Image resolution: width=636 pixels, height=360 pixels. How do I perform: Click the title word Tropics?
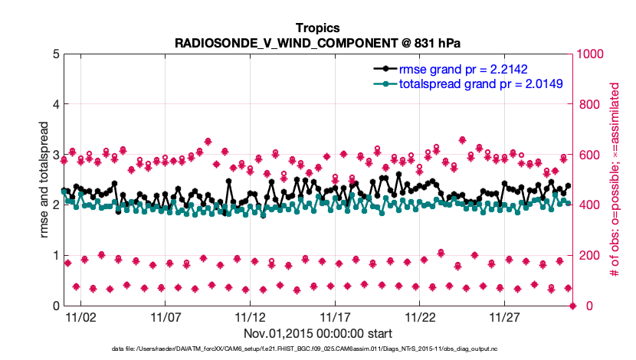pos(317,26)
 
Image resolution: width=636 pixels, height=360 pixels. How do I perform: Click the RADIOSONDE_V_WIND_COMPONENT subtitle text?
pos(317,41)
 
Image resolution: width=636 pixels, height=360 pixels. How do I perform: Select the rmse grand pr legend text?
pos(465,68)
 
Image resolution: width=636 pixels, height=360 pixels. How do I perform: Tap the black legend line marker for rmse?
pos(385,68)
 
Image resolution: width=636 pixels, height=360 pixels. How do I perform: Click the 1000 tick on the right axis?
pos(592,54)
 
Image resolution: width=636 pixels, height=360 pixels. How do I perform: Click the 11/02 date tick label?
pos(80,316)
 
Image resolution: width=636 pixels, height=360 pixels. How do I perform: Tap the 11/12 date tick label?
pos(250,316)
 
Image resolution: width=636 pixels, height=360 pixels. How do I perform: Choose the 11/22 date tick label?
pos(420,316)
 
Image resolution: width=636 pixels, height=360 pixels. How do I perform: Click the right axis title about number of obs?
pos(615,180)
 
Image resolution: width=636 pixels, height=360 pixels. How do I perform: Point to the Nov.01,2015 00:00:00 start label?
pos(318,334)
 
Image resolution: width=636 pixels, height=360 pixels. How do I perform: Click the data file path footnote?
pos(317,349)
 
